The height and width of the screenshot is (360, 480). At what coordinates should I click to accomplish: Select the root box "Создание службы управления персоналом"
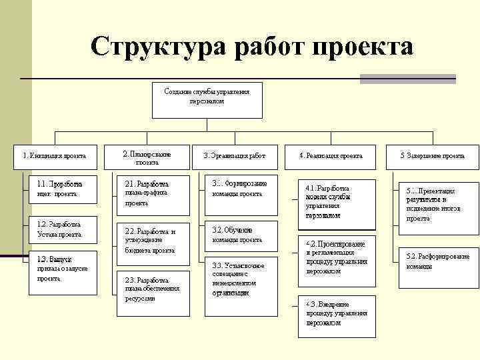[x=207, y=98]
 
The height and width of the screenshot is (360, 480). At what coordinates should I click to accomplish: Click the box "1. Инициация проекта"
[x=55, y=156]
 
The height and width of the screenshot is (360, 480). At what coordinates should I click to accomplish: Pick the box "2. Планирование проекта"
[x=147, y=158]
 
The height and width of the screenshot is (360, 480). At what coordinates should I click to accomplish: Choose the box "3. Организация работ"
[x=238, y=156]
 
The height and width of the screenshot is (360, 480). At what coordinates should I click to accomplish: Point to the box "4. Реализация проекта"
[x=331, y=156]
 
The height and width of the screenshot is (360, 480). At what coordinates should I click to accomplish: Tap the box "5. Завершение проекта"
[x=432, y=156]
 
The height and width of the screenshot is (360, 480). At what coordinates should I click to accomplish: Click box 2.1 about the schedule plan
[x=153, y=193]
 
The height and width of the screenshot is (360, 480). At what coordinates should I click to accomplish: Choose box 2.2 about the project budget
[x=153, y=241]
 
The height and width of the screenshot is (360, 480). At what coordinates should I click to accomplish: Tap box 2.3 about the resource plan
[x=153, y=289]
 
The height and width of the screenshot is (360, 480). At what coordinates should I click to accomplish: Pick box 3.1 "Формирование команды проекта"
[x=243, y=194]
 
